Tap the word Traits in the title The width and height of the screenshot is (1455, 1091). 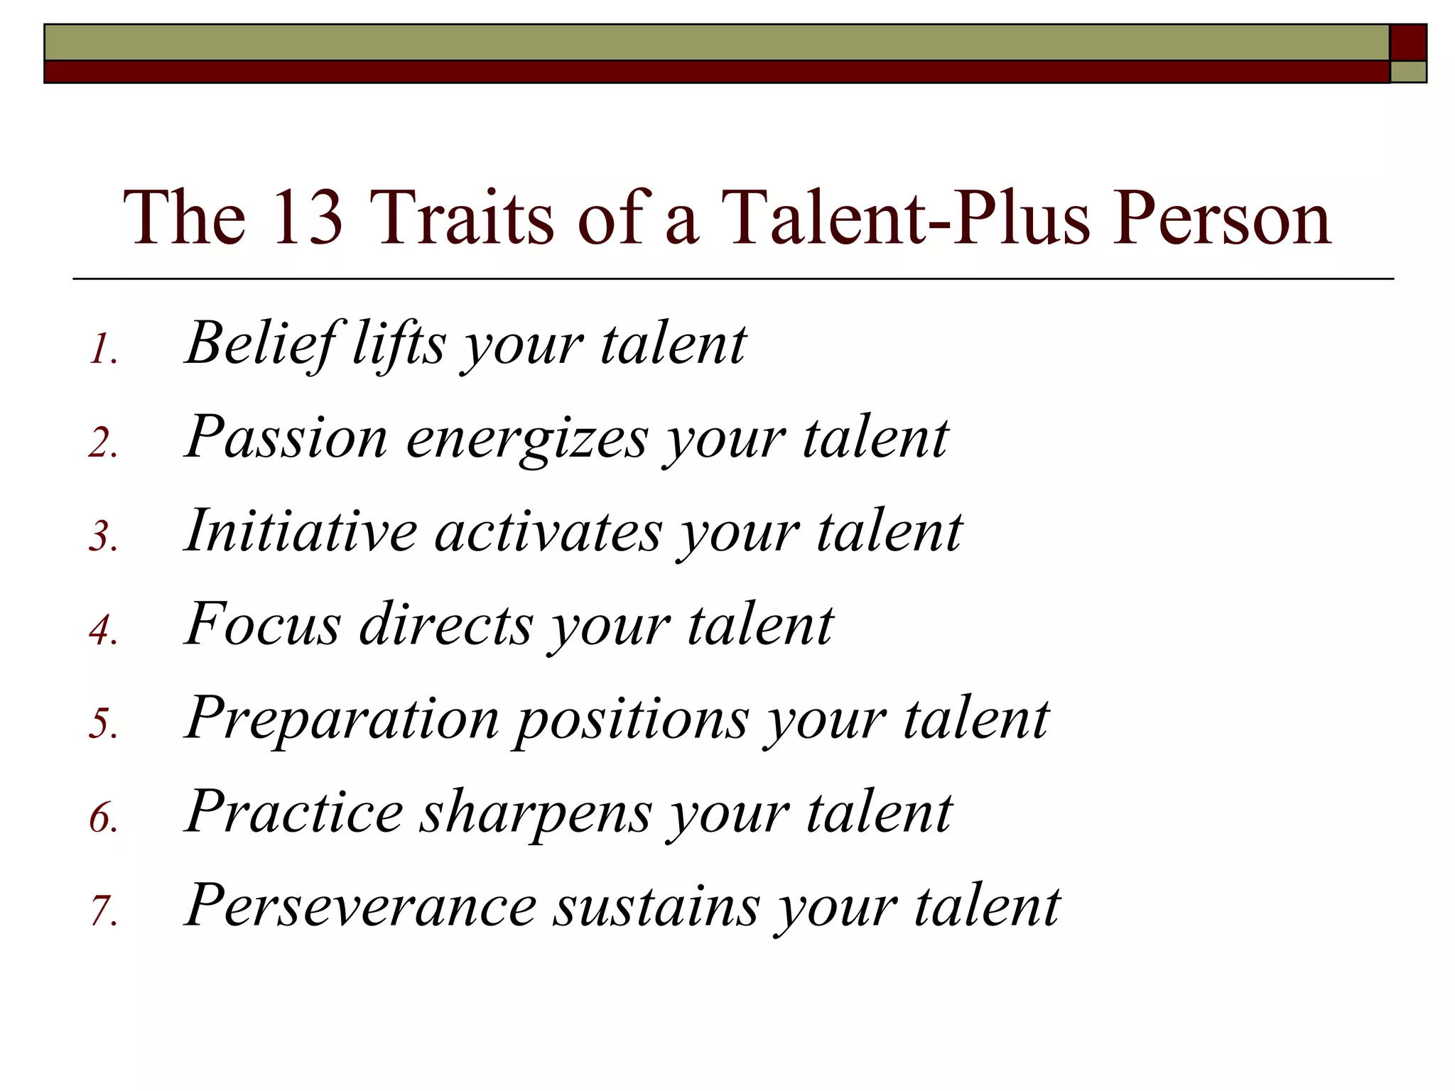460,217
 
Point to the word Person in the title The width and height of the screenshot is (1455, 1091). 1221,217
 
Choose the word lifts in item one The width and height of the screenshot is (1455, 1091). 399,344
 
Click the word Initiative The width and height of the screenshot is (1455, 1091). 301,531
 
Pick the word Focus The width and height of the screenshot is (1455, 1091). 262,625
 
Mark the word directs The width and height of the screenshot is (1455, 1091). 445,625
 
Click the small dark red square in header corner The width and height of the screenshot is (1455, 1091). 1408,43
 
